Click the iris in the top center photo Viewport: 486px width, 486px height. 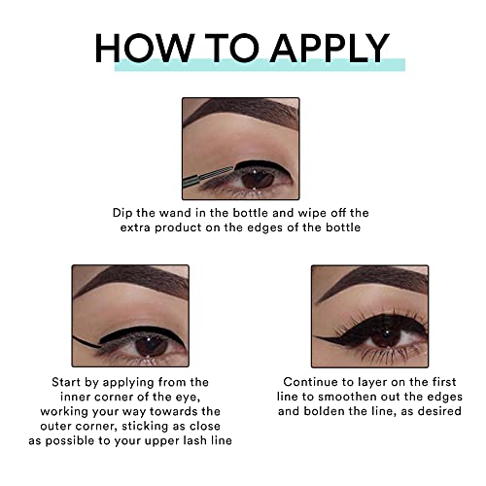coord(256,177)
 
